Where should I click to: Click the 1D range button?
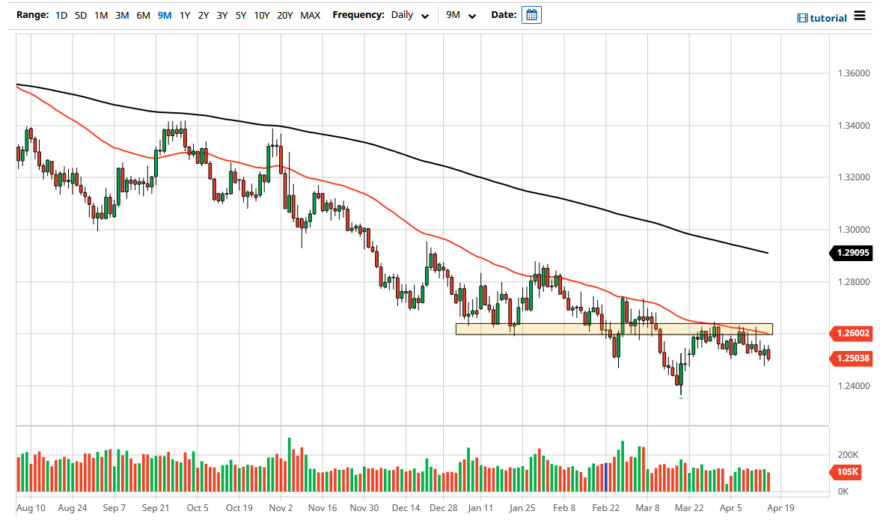point(61,15)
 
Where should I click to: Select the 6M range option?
point(143,15)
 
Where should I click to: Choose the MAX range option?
point(310,15)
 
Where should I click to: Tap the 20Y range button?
point(284,15)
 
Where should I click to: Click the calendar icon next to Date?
point(531,15)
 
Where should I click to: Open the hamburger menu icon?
point(859,16)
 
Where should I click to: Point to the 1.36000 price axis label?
point(853,73)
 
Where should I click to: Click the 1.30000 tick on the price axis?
point(853,230)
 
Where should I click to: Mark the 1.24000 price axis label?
point(853,386)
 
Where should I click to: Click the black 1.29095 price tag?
point(852,254)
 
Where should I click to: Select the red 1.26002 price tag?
point(852,333)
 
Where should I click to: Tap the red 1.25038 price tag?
point(852,358)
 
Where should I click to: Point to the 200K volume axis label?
point(847,455)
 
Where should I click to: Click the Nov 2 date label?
point(281,507)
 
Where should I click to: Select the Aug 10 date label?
point(31,507)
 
